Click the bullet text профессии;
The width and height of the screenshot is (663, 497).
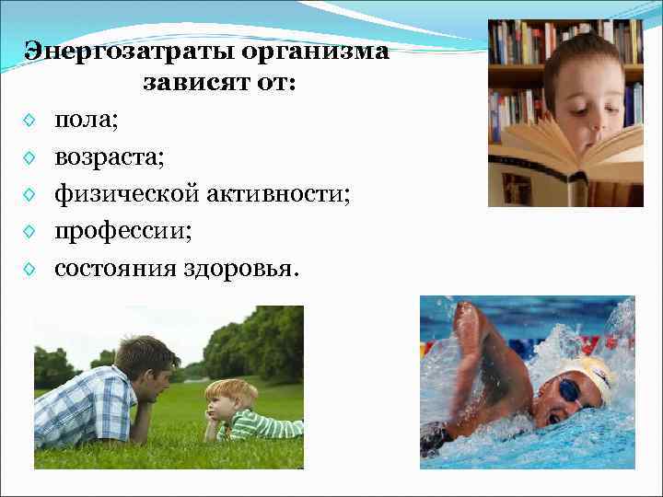coord(122,231)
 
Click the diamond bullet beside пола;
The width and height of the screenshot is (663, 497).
coord(30,121)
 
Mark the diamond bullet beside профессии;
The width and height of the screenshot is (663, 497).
coord(30,232)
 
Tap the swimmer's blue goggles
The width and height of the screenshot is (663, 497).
coord(572,390)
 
